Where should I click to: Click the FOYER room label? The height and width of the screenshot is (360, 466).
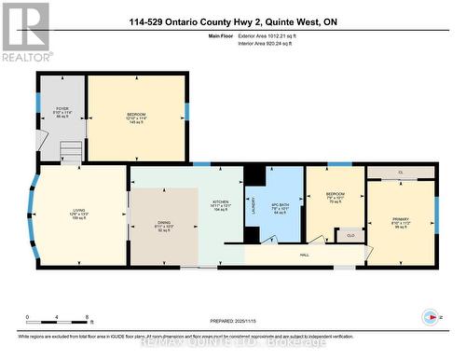pos(62,115)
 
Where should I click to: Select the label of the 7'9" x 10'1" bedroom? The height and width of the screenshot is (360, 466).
pos(336,197)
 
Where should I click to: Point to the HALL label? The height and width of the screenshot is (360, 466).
pos(304,253)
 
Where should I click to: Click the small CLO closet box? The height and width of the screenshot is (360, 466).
pos(349,235)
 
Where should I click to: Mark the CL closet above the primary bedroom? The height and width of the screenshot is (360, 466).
pos(400,173)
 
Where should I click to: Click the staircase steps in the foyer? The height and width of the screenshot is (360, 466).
pos(71,150)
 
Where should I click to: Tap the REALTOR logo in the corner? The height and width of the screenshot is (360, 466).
pos(25,32)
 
